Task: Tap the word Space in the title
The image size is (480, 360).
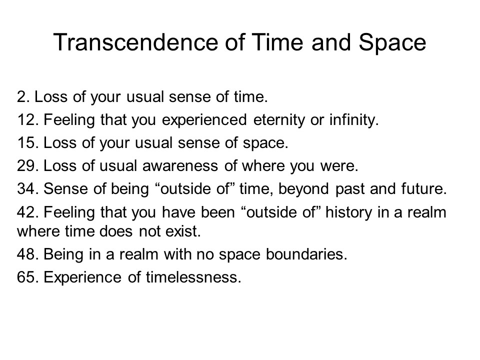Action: (392, 43)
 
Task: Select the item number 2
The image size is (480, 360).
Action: (23, 96)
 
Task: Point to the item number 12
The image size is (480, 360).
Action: (28, 119)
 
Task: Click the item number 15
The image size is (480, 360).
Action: (28, 142)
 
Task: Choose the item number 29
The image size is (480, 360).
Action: (28, 165)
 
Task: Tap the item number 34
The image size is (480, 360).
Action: (28, 188)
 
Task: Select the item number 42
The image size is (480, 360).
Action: (28, 212)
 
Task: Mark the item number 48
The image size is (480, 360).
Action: (28, 254)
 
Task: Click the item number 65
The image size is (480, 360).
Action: (28, 277)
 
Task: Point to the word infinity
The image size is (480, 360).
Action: (354, 120)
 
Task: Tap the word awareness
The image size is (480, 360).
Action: (180, 165)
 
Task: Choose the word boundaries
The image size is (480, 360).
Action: (306, 254)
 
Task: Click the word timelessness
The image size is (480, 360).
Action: (193, 277)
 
